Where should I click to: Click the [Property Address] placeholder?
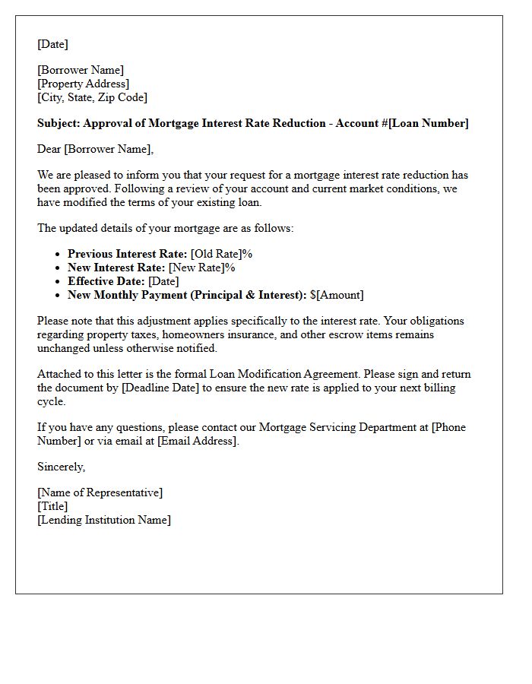[84, 84]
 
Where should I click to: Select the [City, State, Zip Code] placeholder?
[93, 97]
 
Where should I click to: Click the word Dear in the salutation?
[49, 149]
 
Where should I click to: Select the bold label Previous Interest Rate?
[127, 254]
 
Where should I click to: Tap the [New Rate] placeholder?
[196, 268]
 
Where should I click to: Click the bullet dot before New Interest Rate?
[58, 268]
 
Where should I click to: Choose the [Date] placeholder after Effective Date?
[163, 281]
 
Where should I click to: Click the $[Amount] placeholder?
[337, 295]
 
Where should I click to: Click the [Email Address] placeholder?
[198, 441]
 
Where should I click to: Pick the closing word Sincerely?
[61, 467]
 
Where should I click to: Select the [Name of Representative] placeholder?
[100, 492]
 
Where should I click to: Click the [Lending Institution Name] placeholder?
[104, 520]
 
